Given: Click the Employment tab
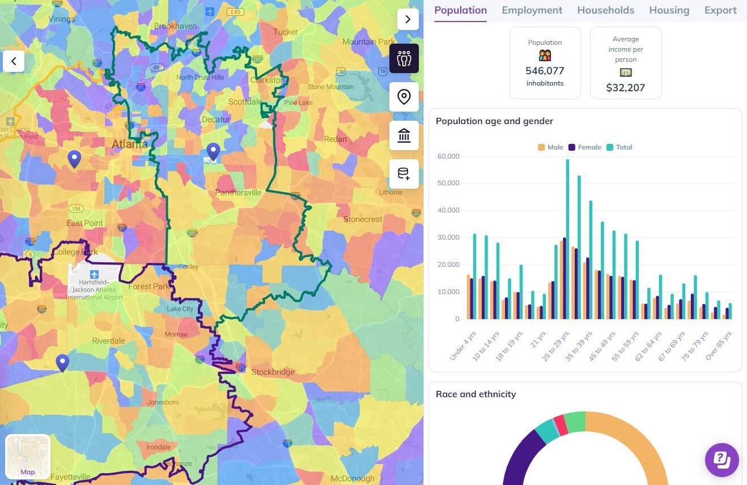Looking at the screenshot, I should pos(532,10).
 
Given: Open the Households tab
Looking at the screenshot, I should pos(605,10).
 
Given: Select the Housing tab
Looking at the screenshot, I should pos(669,10).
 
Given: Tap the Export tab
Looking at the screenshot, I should pos(720,10).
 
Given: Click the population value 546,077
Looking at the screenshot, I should pos(545,71).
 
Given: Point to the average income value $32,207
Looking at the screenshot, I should pos(626,88).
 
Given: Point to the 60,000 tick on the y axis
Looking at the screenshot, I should pos(448,156).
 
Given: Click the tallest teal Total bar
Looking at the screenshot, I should pos(567,238).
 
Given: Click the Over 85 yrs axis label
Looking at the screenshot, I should pos(719,346).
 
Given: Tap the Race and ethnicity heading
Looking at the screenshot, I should pos(476,394).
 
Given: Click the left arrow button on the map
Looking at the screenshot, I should pos(14,61).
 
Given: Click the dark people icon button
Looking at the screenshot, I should pos(404,58).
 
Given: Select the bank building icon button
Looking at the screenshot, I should pos(404,136).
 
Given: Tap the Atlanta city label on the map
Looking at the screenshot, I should pos(129,144).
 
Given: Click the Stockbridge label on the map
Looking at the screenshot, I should pos(273,372).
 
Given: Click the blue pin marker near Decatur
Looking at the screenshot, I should pos(213,152).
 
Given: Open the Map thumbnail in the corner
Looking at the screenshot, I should pos(28,457).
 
